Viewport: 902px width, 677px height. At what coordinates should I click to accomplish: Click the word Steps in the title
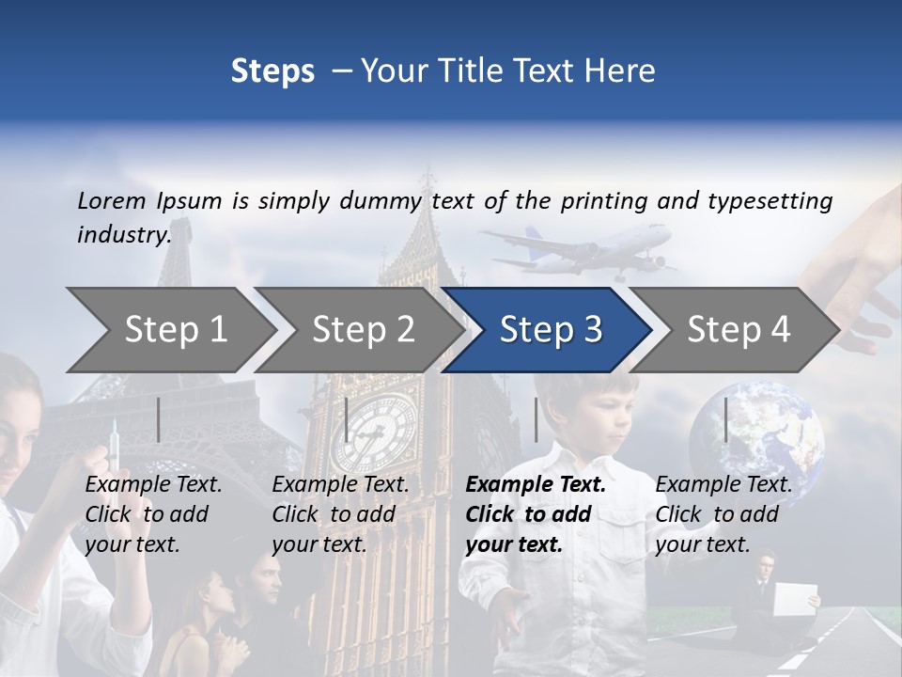pos(272,71)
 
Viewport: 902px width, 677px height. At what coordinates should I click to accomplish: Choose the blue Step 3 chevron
pos(550,330)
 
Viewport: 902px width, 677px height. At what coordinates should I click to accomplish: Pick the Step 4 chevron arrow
pos(738,330)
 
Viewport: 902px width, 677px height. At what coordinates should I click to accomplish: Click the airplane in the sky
pos(583,246)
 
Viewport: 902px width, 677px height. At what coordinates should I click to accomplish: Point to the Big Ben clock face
pos(374,433)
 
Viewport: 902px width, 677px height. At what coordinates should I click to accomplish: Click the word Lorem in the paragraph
pos(111,201)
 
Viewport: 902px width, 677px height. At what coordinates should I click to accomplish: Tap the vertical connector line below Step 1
pos(159,419)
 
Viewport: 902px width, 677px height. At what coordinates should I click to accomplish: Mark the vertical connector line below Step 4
pos(726,419)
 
